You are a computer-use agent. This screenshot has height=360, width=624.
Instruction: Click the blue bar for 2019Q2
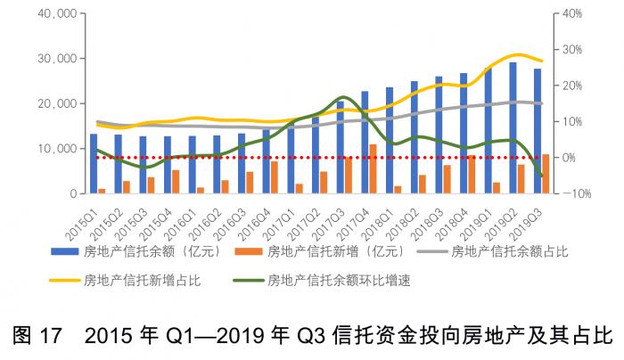(513, 127)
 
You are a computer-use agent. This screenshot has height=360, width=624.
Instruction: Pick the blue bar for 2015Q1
(94, 163)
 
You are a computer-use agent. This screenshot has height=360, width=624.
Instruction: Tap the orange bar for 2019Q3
(546, 174)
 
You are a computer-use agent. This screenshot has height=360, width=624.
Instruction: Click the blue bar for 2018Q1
(389, 140)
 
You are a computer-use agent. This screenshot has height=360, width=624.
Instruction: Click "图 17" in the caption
(36, 337)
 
